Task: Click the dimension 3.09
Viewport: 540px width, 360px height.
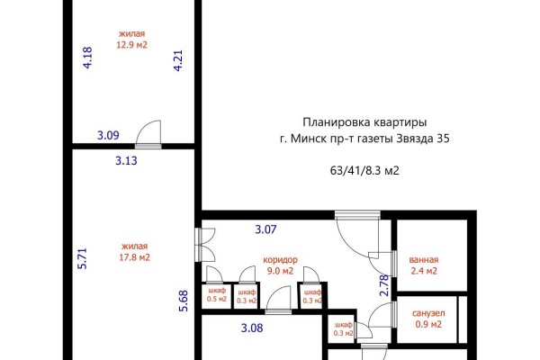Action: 108,137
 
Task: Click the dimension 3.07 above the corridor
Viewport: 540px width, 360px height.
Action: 265,230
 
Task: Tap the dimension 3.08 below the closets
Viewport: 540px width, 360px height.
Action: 251,328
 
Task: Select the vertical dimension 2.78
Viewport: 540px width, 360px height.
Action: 384,285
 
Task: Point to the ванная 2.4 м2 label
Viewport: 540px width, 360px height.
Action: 422,265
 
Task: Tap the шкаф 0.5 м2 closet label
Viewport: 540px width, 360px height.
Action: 216,295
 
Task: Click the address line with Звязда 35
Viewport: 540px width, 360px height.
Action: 364,139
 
